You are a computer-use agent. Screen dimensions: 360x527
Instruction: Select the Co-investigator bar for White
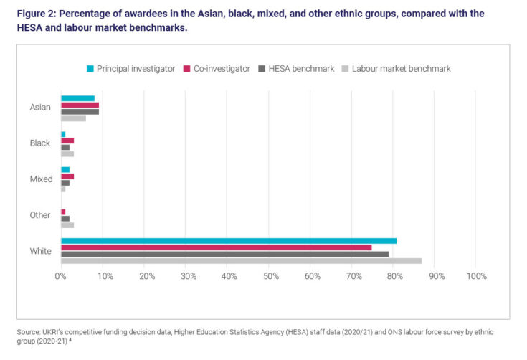pos(216,247)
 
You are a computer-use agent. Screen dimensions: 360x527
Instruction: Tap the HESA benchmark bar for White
pos(224,254)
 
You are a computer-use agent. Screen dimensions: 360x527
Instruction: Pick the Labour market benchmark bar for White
pos(241,261)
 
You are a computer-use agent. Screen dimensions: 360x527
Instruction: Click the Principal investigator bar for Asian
pos(77,98)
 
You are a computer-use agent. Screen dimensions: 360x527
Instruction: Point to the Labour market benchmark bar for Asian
pos(73,118)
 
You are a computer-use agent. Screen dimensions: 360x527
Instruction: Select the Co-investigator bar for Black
pos(67,141)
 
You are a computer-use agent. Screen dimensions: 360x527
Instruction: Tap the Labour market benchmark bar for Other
pos(67,225)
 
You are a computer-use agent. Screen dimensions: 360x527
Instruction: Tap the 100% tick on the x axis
pos(475,276)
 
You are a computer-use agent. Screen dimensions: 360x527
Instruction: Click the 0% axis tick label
pos(61,276)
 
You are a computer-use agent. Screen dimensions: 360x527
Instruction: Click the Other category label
pos(40,215)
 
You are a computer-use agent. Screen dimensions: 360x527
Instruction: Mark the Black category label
pos(40,143)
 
